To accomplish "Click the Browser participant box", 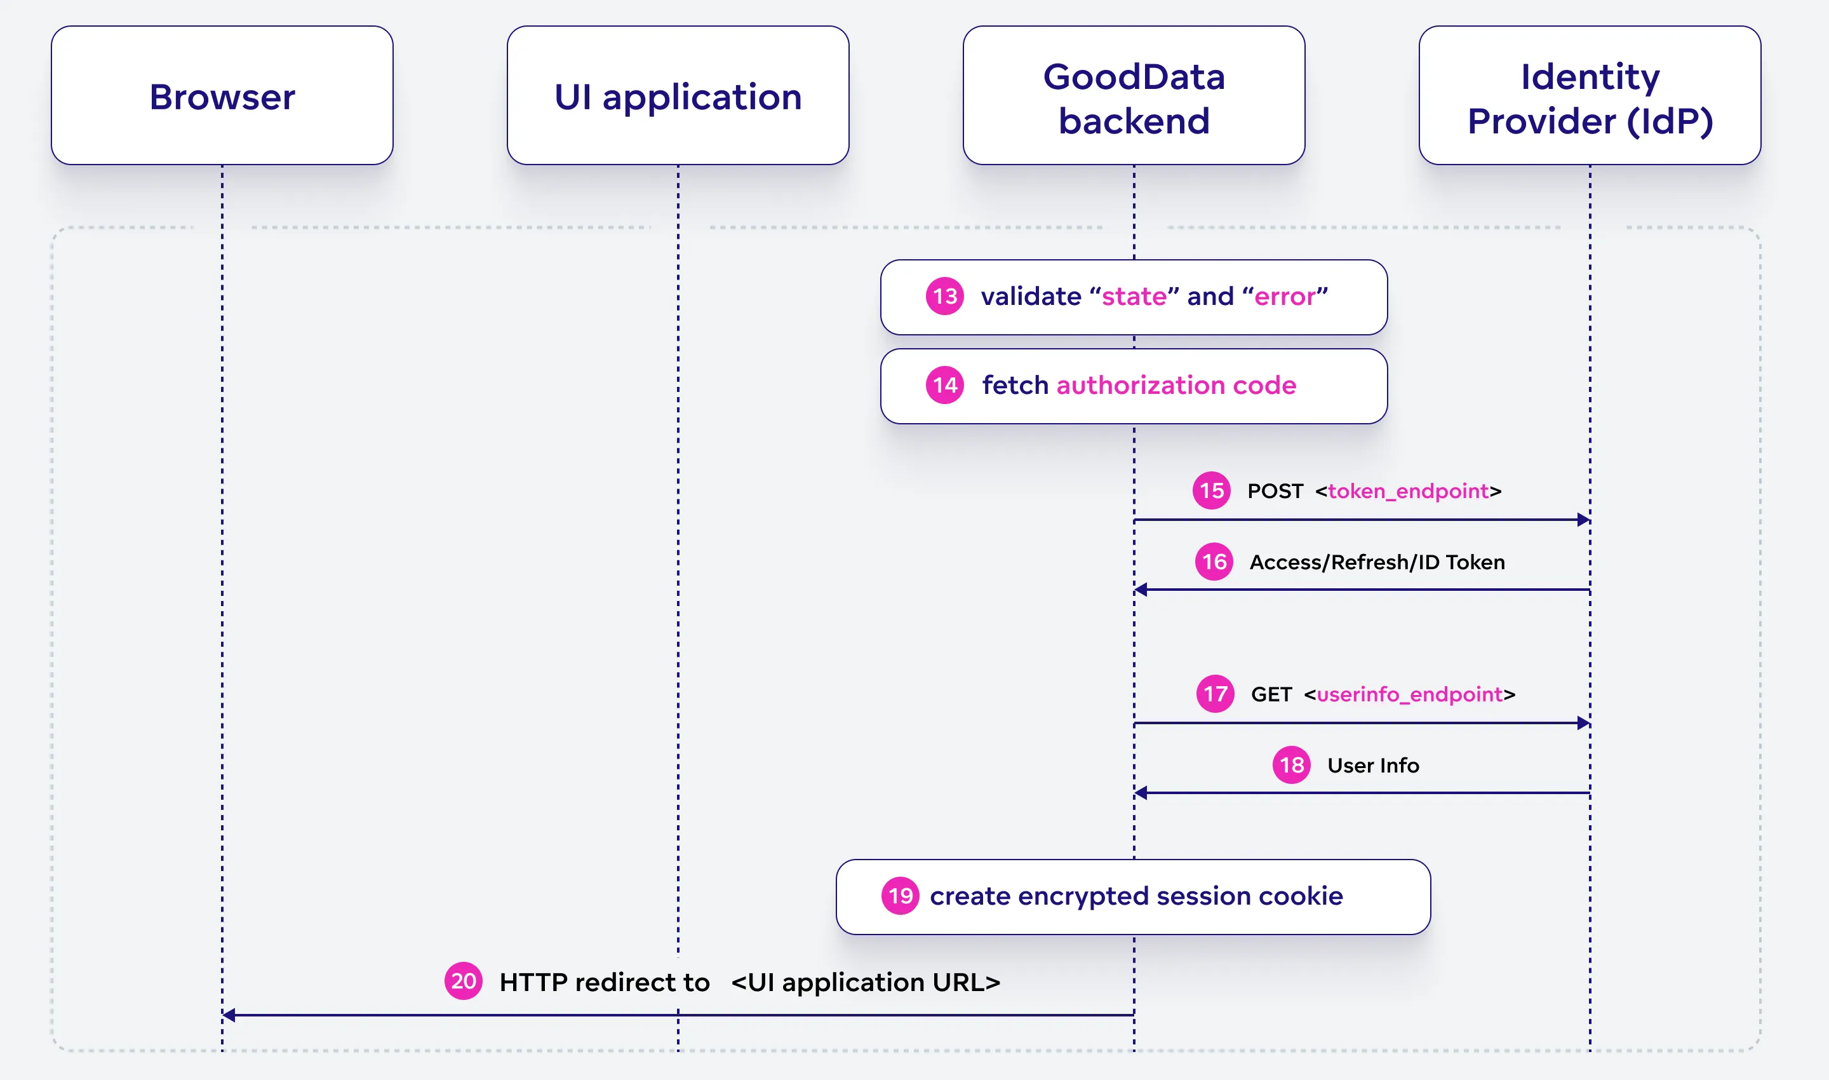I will [x=222, y=95].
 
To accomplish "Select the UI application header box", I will [x=678, y=95].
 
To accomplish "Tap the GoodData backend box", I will [x=1134, y=95].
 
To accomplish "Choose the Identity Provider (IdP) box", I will [x=1590, y=95].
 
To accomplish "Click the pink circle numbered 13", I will [x=944, y=296].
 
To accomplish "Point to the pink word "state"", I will [x=1134, y=296].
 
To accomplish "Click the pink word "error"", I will [x=1285, y=296].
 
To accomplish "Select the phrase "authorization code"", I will [x=1176, y=385].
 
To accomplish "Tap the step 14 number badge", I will [x=944, y=385].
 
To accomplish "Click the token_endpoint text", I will [x=1408, y=491].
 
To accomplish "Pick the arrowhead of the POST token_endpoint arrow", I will [x=1583, y=520].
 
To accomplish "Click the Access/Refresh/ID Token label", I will [x=1376, y=562].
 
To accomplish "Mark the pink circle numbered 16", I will [x=1214, y=562].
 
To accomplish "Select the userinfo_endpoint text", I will [x=1409, y=694].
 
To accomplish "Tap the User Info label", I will [x=1373, y=766].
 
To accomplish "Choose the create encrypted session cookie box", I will [x=1133, y=896].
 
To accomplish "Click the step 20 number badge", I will [x=464, y=981].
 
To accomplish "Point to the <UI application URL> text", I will [x=865, y=982].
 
